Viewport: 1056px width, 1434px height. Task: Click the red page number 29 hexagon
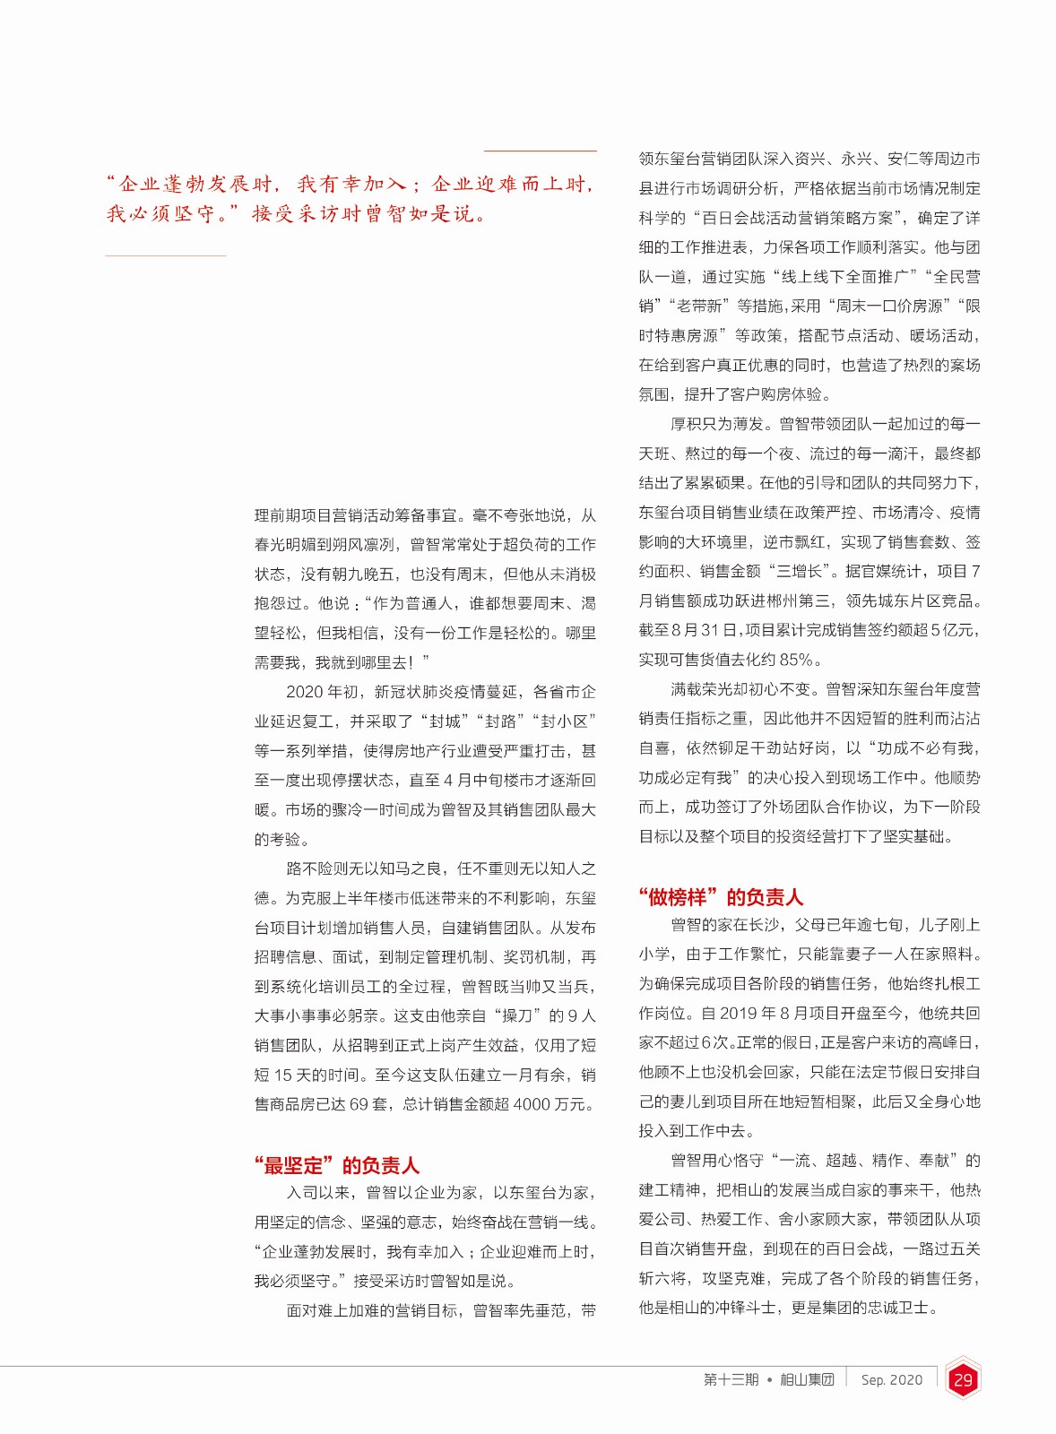tap(963, 1380)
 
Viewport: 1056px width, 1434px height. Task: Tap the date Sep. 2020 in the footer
tap(891, 1380)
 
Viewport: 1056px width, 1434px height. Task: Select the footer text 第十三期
tap(731, 1380)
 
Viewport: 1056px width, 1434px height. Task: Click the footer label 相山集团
tap(807, 1380)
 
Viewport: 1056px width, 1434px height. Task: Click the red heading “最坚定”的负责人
tap(336, 1166)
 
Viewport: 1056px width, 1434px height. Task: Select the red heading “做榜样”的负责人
tap(721, 897)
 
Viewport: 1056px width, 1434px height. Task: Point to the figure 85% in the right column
tap(795, 661)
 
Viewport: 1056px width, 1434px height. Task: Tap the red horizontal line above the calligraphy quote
tap(540, 151)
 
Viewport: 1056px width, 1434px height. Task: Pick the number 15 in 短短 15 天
tap(283, 1075)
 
